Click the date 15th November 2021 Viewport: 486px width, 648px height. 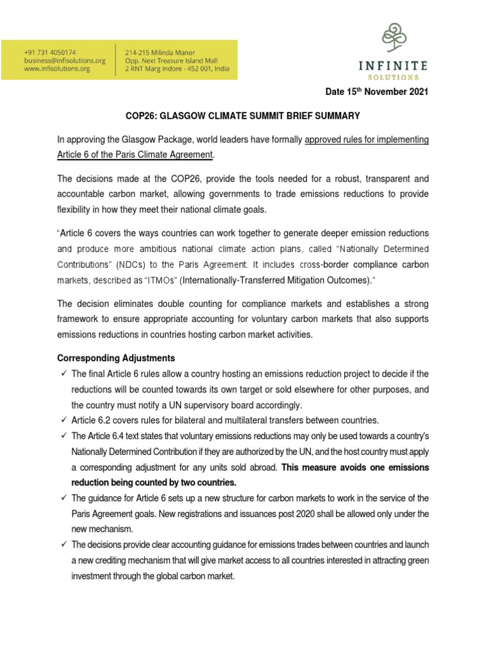coord(377,92)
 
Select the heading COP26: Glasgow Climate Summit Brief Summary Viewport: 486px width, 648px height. coord(242,116)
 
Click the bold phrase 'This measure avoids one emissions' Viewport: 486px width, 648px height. coord(355,468)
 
